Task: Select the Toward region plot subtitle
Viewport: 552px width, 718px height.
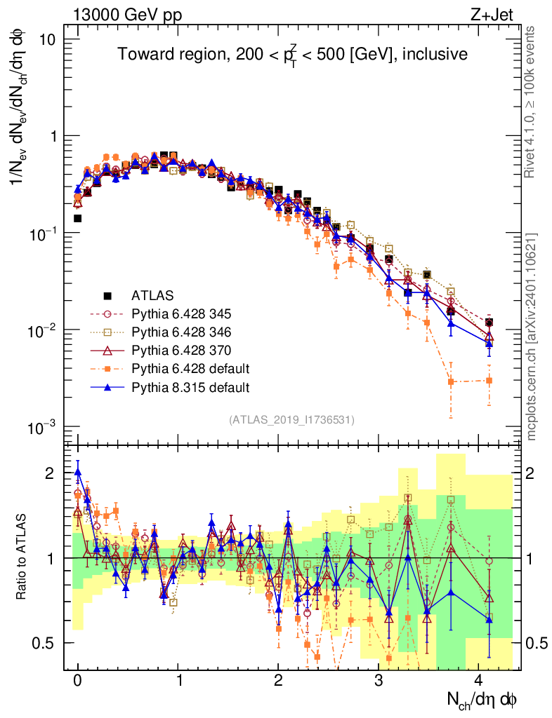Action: [292, 55]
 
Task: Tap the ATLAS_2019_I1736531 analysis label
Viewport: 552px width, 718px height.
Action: [291, 420]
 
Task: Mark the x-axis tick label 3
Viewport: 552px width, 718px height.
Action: [379, 682]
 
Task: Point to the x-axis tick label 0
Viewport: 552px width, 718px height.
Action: [78, 682]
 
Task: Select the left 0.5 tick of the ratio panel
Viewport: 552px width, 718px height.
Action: [48, 643]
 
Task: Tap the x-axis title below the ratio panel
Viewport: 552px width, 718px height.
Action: [482, 699]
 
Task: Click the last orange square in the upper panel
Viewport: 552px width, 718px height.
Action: [489, 381]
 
